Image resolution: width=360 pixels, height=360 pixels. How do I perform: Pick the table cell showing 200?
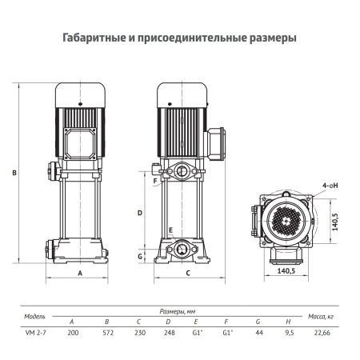click(72, 330)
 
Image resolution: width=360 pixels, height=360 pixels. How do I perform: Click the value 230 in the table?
click(139, 330)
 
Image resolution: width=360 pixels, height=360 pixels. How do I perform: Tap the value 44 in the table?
click(258, 330)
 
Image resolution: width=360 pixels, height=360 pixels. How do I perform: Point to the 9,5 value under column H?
click(288, 330)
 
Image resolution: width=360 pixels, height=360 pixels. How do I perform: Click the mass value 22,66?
click(322, 330)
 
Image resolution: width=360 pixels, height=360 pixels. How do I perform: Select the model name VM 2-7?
click(33, 330)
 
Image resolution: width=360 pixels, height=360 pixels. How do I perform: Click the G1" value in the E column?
click(197, 330)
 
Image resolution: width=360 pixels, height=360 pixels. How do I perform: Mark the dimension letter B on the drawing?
click(14, 172)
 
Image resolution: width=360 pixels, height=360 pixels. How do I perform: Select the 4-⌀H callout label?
click(327, 183)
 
